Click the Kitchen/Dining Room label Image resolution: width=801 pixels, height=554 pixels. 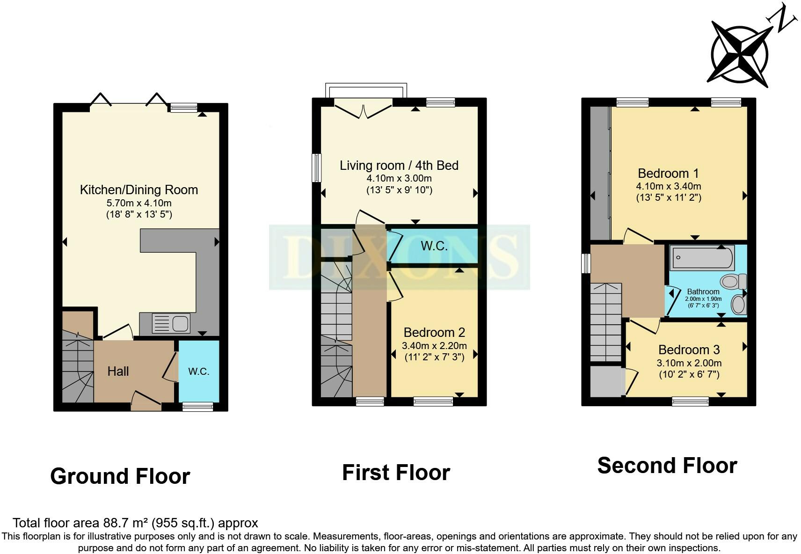pyautogui.click(x=138, y=190)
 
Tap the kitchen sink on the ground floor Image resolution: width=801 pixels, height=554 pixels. pyautogui.click(x=171, y=323)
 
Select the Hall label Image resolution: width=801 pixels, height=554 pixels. pyautogui.click(x=118, y=372)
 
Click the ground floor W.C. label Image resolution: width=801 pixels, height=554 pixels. pyautogui.click(x=198, y=372)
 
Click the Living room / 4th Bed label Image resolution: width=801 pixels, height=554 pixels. pyautogui.click(x=399, y=165)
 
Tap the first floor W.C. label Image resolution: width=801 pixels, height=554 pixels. pyautogui.click(x=434, y=246)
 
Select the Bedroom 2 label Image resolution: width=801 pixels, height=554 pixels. pyautogui.click(x=434, y=332)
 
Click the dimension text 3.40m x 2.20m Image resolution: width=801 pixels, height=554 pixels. pyautogui.click(x=434, y=346)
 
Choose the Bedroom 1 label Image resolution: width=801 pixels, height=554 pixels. pyautogui.click(x=668, y=173)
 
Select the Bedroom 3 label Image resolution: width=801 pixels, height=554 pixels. pyautogui.click(x=689, y=350)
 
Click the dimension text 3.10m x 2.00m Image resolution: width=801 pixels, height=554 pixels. pyautogui.click(x=689, y=363)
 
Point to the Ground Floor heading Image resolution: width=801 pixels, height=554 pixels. pyautogui.click(x=120, y=476)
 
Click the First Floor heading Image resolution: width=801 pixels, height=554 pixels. pyautogui.click(x=396, y=473)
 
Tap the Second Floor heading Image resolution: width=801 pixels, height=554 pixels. pyautogui.click(x=667, y=466)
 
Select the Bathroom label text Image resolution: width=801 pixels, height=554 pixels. pyautogui.click(x=703, y=292)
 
